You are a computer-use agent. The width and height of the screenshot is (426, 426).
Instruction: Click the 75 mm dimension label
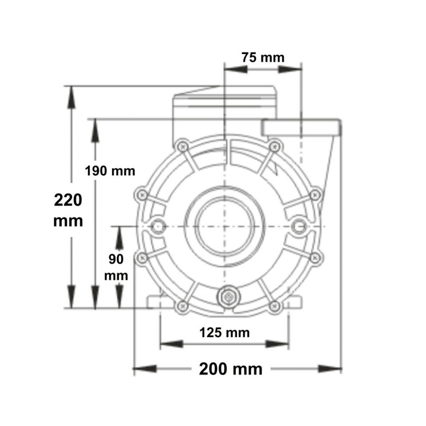263,58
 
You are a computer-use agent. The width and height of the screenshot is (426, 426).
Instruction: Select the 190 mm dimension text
110,171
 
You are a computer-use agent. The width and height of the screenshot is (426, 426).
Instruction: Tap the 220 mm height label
68,210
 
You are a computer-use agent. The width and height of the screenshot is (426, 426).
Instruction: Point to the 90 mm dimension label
116,267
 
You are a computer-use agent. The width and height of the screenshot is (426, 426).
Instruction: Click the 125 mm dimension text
224,333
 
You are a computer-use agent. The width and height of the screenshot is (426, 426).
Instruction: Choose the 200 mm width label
231,369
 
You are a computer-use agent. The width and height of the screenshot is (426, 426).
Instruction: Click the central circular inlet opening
224,226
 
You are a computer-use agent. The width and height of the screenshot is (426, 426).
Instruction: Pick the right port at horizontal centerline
299,226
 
